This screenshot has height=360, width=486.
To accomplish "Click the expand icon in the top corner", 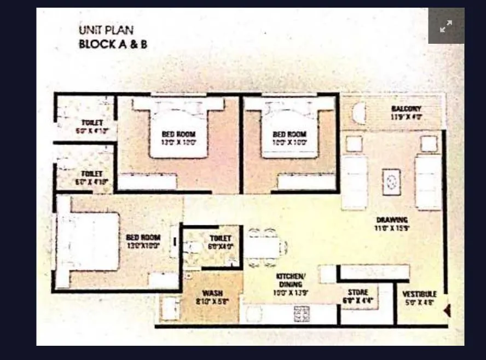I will (x=446, y=26).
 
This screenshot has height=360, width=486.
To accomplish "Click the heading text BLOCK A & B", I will (x=113, y=44).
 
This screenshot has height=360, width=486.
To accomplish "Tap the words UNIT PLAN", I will (x=106, y=31).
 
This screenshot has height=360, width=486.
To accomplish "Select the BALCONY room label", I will (x=406, y=109).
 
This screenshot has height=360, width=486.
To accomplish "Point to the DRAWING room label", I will (x=392, y=220).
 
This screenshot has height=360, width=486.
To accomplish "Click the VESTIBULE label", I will (x=419, y=294).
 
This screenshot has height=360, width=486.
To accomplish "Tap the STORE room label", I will (x=358, y=293).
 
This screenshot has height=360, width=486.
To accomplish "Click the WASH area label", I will (x=212, y=293).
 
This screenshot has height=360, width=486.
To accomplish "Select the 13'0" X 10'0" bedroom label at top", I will (x=178, y=134).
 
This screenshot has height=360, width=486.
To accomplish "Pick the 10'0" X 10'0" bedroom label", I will (x=290, y=134).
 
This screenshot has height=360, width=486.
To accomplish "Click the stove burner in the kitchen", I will (x=302, y=313).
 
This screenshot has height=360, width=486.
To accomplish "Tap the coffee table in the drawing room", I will (x=391, y=182).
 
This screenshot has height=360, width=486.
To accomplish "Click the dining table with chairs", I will (x=264, y=247).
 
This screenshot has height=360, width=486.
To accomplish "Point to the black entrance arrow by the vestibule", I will (x=447, y=311).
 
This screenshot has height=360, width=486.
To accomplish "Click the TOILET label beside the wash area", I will (x=221, y=239).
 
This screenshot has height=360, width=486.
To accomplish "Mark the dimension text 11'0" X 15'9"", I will (x=392, y=228).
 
